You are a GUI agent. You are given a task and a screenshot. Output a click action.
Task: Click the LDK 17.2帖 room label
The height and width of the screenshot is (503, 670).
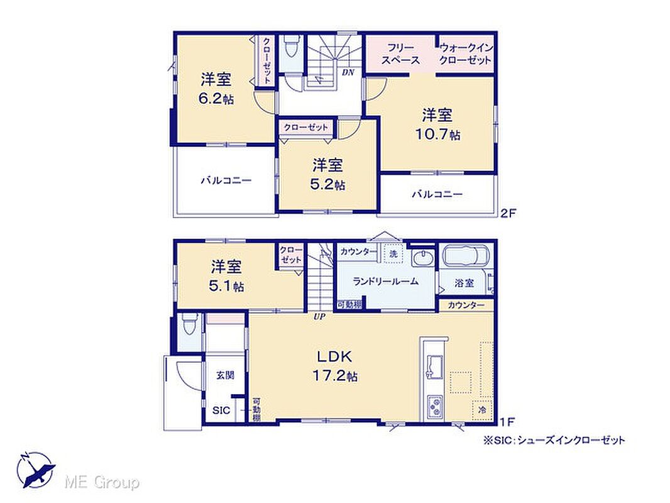click(x=335, y=365)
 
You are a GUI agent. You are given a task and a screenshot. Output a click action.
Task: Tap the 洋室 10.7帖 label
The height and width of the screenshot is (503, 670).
click(x=438, y=124)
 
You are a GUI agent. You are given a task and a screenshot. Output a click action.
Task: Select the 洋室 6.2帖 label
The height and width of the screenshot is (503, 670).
click(x=216, y=89)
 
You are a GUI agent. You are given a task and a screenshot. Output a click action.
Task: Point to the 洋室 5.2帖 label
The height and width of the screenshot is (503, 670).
click(x=327, y=174)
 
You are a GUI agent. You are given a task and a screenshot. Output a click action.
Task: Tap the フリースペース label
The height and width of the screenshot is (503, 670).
click(x=401, y=54)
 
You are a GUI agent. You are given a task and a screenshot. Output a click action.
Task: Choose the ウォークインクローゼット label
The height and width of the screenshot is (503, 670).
click(x=466, y=54)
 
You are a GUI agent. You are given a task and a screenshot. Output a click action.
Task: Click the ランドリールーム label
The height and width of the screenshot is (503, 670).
click(x=386, y=282)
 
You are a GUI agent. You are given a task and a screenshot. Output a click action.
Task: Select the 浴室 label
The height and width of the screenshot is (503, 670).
click(x=464, y=282)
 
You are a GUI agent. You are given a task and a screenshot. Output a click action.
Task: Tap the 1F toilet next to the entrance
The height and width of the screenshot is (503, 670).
click(x=189, y=325)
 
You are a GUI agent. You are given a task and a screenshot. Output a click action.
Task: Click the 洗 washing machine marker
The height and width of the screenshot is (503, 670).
click(x=393, y=253)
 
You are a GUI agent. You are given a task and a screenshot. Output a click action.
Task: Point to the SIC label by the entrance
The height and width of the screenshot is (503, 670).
click(x=221, y=411)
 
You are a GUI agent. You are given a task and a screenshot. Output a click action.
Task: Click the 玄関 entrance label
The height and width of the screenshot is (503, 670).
click(x=225, y=375)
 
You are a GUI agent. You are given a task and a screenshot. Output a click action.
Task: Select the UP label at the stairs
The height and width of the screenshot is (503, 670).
click(x=319, y=317)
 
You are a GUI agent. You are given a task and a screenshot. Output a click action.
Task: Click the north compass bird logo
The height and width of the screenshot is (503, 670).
click(x=36, y=470)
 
